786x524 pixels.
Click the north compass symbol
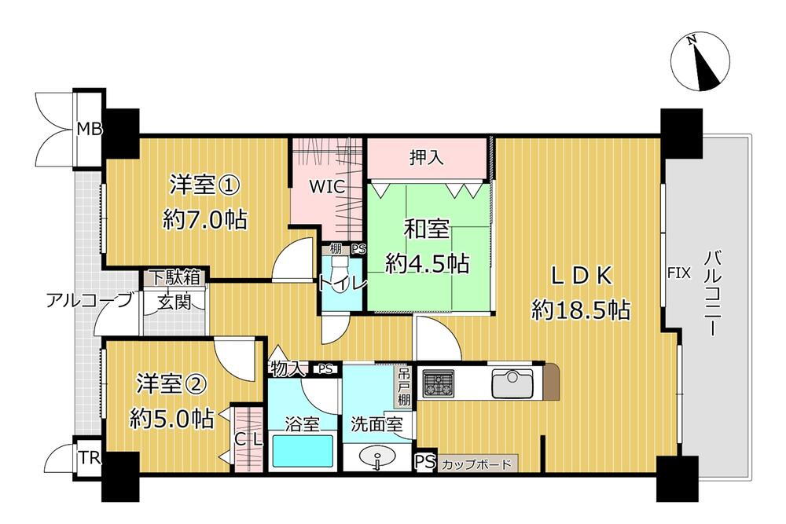click(703, 62)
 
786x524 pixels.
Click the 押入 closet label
click(427, 157)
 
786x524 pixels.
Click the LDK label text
click(580, 276)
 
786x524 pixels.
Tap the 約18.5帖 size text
click(580, 310)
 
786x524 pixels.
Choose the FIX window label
click(678, 273)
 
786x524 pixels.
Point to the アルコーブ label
click(89, 301)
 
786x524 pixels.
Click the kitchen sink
click(513, 384)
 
